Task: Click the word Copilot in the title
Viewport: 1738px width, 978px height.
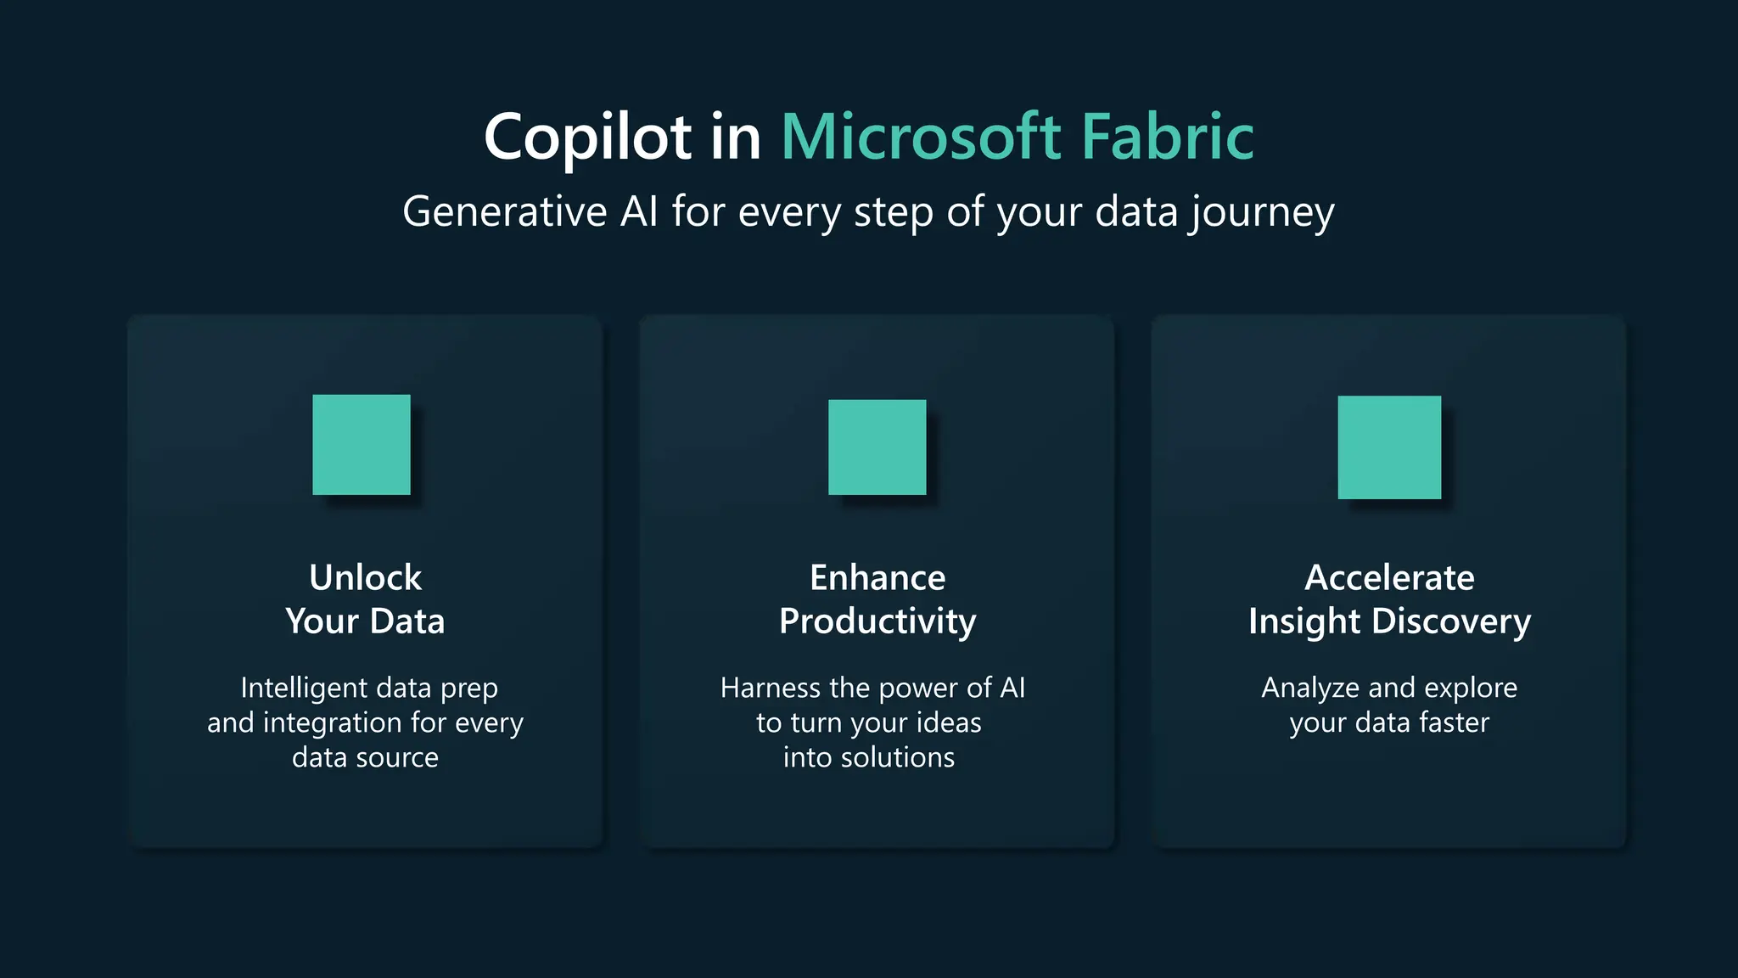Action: coord(587,138)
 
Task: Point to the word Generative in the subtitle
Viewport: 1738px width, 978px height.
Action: coord(504,211)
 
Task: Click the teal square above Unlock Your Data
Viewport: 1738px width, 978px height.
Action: coord(362,444)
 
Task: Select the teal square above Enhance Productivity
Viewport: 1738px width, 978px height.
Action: coord(877,447)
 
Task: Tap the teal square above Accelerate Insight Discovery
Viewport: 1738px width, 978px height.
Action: coord(1389,447)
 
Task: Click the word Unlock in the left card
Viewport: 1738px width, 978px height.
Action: coord(365,578)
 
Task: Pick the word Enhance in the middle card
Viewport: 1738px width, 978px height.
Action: coord(877,578)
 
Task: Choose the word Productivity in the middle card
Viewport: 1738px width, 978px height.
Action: coord(877,622)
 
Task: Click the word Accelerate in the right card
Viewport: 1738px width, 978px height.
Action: coord(1389,578)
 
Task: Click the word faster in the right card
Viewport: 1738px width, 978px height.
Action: coord(1455,722)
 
